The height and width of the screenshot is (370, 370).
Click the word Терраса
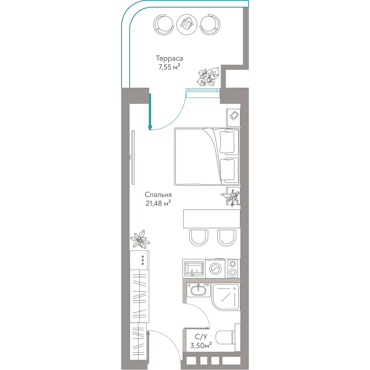tap(169, 58)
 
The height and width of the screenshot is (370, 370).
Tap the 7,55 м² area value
tap(169, 67)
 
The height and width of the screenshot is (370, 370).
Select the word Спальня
tap(158, 195)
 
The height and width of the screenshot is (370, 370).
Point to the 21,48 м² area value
tap(158, 203)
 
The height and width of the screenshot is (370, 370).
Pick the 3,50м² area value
tap(201, 346)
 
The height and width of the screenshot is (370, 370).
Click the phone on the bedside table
tap(235, 115)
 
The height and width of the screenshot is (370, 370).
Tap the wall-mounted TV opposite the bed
tap(133, 157)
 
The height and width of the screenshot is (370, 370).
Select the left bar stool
tap(198, 238)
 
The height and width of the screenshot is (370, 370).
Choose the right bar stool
tap(227, 238)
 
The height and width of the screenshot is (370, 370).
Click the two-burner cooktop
tap(233, 268)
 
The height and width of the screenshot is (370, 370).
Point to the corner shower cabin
tap(226, 297)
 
